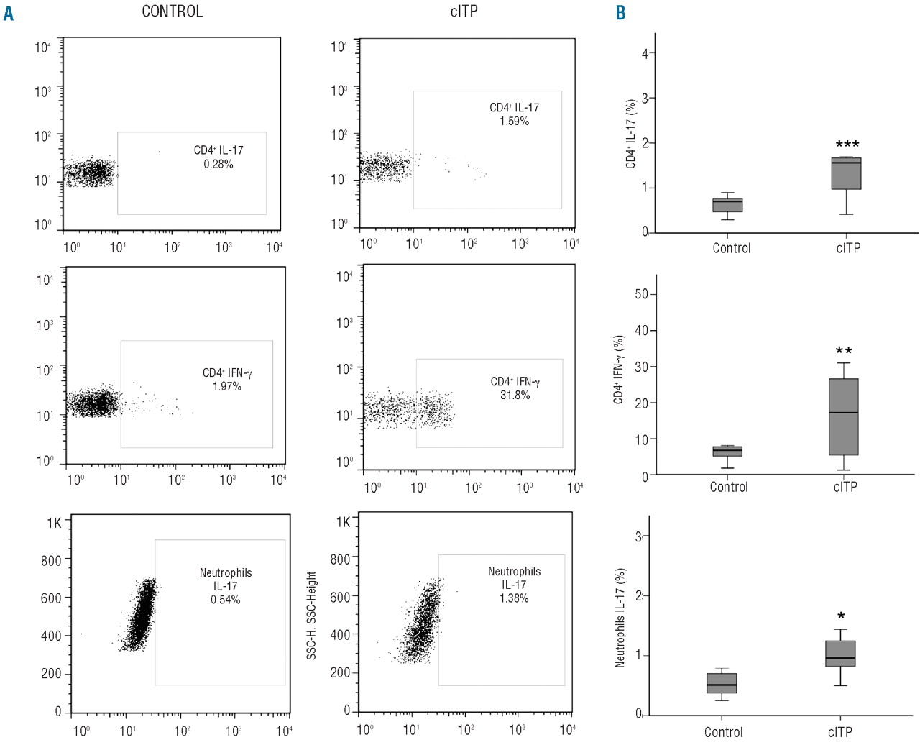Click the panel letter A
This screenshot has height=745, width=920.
click(9, 13)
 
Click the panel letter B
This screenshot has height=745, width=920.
click(621, 13)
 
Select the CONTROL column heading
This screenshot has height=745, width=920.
click(172, 12)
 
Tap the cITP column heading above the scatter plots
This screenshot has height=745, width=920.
click(464, 12)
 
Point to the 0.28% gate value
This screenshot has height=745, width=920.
click(218, 164)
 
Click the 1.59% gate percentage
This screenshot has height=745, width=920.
click(514, 121)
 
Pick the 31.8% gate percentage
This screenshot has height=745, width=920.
click(515, 395)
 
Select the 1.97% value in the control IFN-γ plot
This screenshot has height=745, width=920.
click(227, 386)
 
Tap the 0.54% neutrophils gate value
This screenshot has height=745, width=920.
click(226, 599)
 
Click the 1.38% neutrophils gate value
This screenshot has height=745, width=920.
click(514, 598)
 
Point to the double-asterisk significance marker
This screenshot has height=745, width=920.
click(844, 352)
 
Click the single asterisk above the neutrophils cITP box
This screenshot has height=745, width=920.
click(841, 616)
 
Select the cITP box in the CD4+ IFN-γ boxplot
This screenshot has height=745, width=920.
click(844, 416)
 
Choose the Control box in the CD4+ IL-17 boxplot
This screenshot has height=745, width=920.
click(727, 205)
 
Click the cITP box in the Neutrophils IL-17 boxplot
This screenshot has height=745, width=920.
click(840, 653)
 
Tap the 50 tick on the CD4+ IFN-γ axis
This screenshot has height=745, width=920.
click(641, 294)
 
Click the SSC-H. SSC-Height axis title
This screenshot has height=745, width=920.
click(311, 615)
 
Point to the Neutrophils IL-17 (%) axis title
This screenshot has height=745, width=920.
click(620, 618)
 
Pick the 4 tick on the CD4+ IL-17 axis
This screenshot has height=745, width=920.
click(645, 53)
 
